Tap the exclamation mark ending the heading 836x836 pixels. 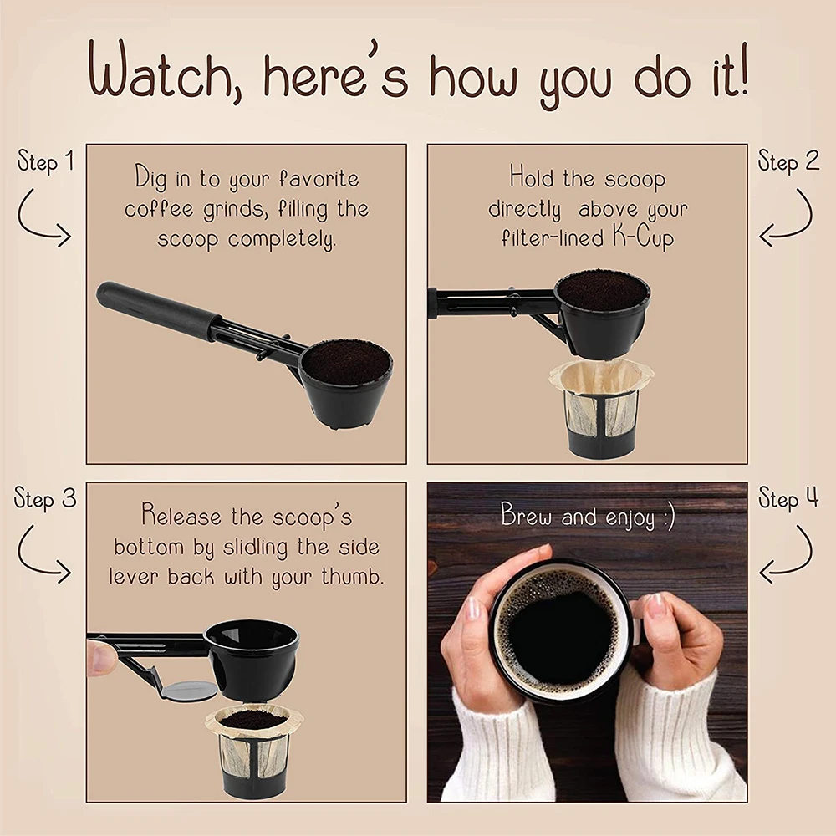pos(742,70)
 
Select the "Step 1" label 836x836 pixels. pos(45,161)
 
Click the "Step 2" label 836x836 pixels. pos(788,161)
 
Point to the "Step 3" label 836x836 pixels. pos(45,499)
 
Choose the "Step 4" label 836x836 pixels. pos(788,499)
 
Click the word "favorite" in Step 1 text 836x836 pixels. pos(319,179)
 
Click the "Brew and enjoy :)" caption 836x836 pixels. pos(588,516)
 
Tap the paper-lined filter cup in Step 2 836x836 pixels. pos(600,408)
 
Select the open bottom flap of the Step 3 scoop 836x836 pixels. pos(188,691)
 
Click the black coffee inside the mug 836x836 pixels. pos(560,635)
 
